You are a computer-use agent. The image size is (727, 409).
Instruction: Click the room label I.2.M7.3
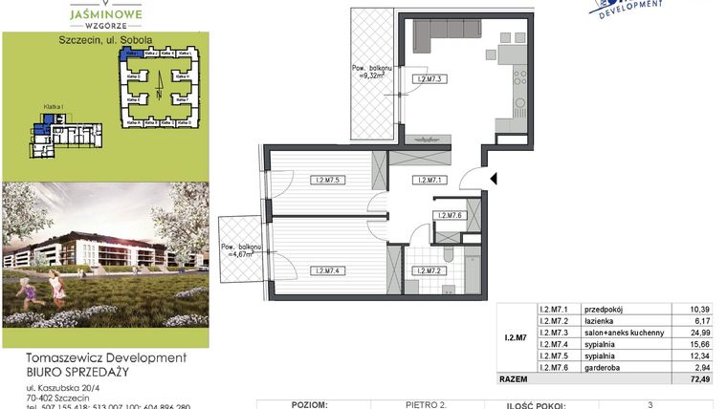(427, 78)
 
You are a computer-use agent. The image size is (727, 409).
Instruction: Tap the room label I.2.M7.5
(328, 179)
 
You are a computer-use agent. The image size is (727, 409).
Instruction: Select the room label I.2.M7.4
(328, 270)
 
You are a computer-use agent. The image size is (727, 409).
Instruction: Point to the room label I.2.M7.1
(427, 179)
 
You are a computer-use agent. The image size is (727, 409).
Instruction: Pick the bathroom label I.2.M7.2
(427, 270)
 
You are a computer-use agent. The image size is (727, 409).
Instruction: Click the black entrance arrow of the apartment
(494, 178)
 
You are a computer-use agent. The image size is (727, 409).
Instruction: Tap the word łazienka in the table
(599, 320)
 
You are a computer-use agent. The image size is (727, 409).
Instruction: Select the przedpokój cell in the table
(603, 309)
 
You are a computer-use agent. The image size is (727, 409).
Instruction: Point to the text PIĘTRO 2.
(427, 404)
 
